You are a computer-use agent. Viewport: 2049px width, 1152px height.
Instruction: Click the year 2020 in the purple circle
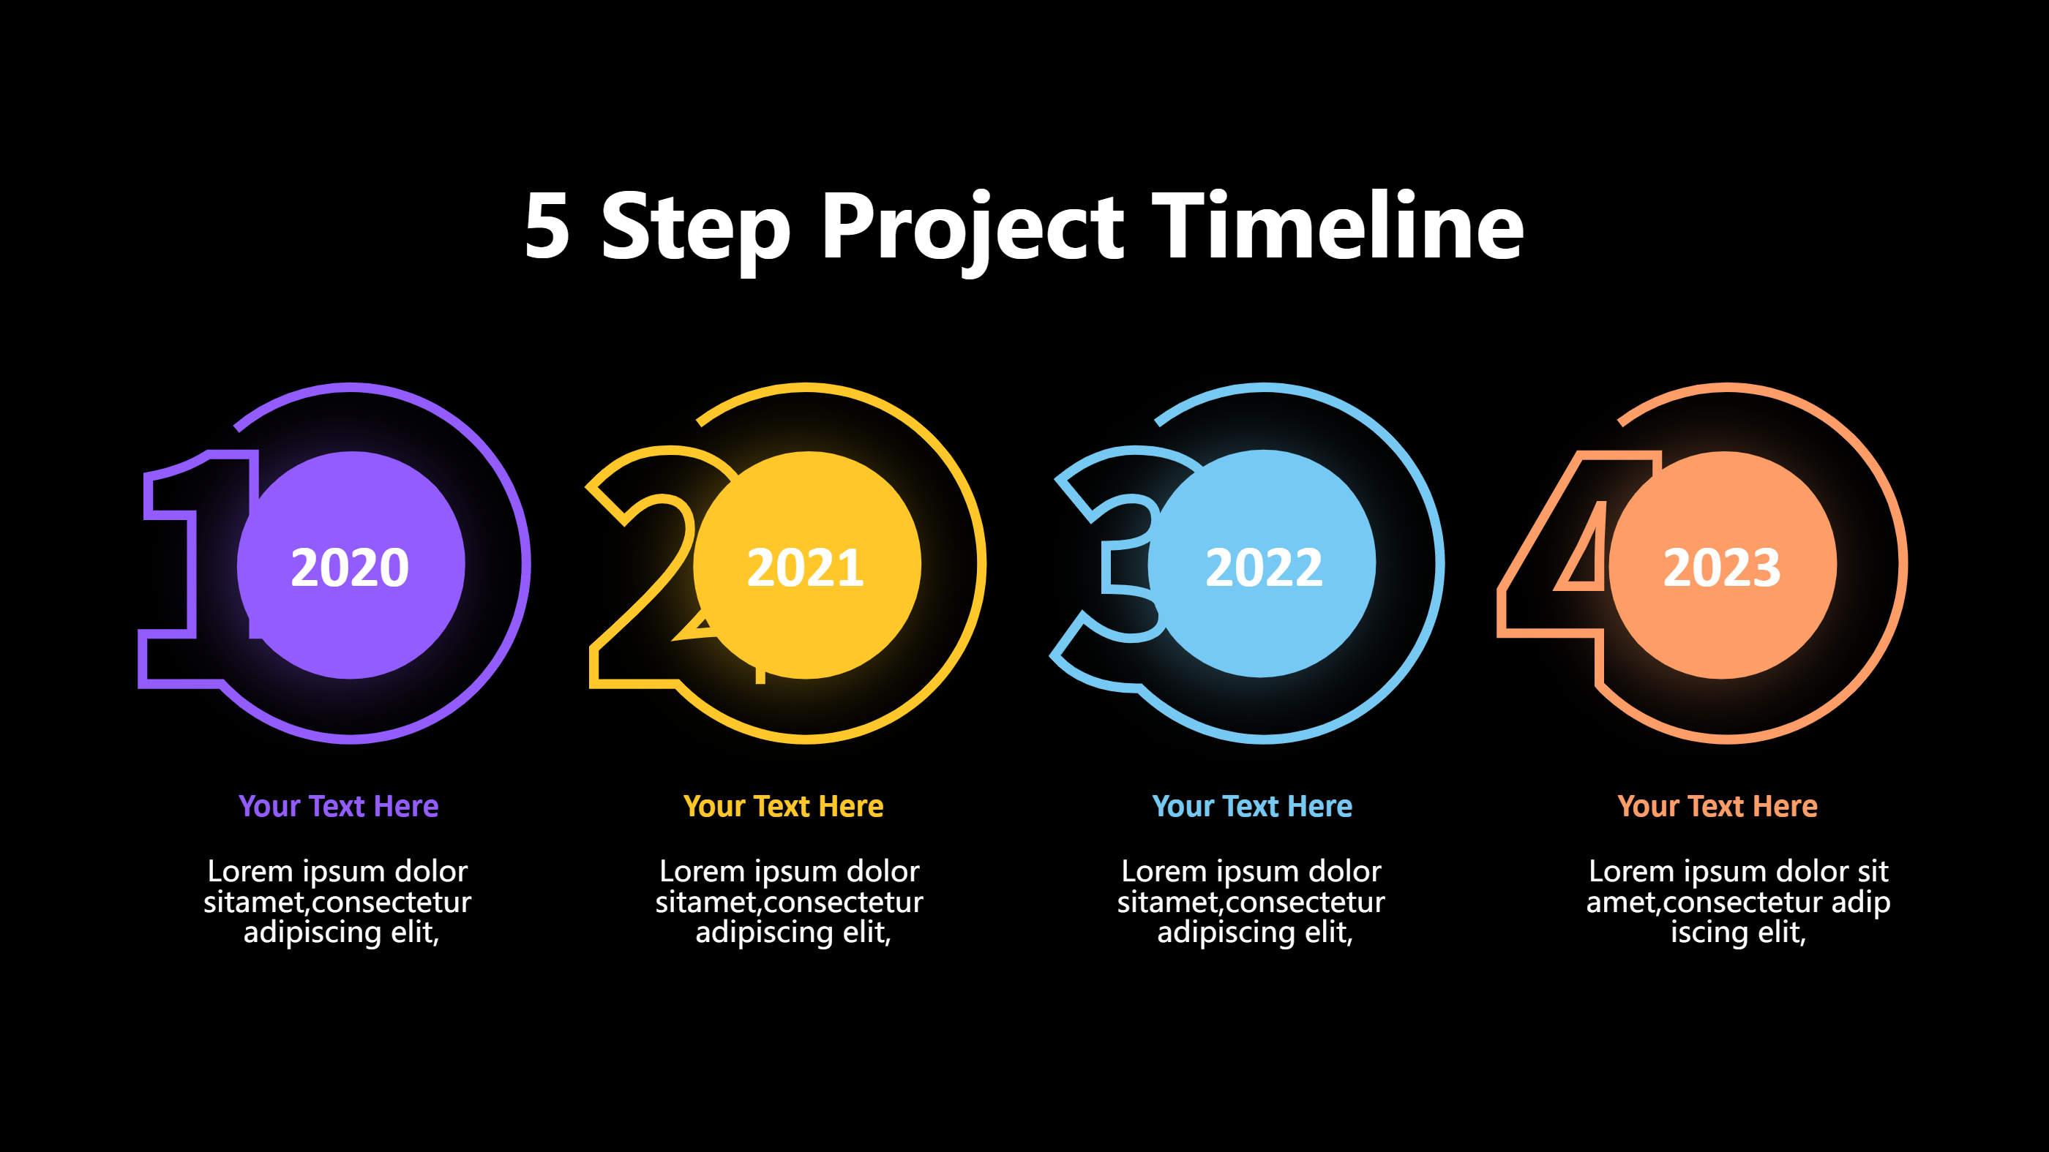point(350,568)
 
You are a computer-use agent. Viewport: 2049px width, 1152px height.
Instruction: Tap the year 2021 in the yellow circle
point(806,568)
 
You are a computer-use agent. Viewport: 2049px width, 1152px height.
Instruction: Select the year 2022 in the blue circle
point(1264,568)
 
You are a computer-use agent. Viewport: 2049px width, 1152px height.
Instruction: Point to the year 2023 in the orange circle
point(1721,568)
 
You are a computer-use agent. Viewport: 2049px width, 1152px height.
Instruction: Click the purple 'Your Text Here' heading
point(338,806)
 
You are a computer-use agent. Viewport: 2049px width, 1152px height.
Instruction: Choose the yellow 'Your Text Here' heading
point(784,806)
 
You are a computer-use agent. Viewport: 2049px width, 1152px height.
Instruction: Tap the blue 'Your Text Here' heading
point(1252,806)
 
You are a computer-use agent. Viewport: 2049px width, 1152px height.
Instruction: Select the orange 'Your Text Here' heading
point(1718,806)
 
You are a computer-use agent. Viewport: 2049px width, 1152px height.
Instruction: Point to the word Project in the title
point(972,229)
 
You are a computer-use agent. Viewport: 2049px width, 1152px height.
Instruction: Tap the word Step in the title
point(695,229)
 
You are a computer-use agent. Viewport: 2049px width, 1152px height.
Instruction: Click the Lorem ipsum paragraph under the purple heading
point(338,902)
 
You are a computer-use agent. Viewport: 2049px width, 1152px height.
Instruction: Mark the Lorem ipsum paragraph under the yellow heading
point(789,902)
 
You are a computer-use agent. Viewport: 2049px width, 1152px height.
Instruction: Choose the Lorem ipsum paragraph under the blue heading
point(1251,902)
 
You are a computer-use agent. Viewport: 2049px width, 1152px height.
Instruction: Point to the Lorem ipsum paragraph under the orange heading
point(1738,902)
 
